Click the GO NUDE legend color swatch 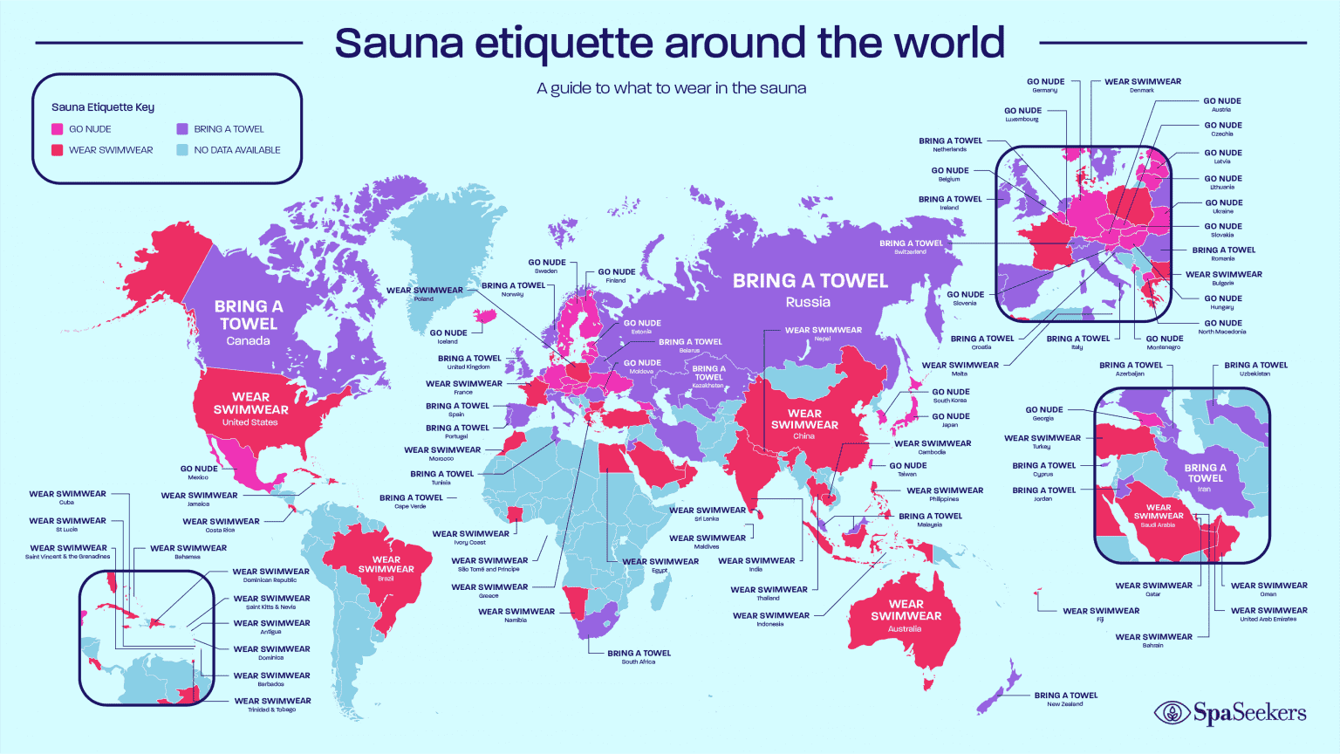tap(58, 129)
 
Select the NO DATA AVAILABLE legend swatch tap(182, 150)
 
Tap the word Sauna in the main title tap(398, 43)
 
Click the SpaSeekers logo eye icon tap(1172, 713)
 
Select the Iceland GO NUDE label tap(448, 336)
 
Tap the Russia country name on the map tap(808, 302)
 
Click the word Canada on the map tap(248, 341)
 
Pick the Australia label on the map tap(905, 628)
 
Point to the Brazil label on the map tap(386, 579)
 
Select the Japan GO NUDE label tap(950, 420)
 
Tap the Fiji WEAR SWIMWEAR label tap(1101, 614)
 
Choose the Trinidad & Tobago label tap(272, 704)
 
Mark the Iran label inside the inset tap(1204, 490)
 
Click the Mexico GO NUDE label tap(199, 472)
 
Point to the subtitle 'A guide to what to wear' tap(671, 88)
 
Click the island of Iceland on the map tap(485, 315)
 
